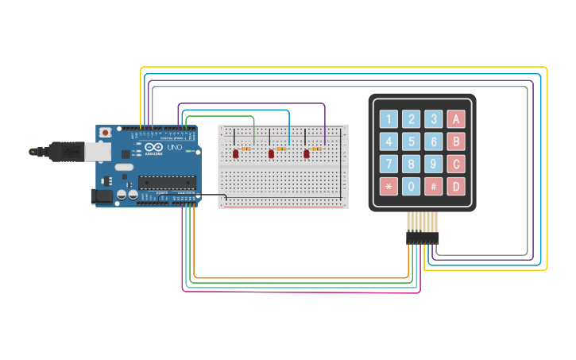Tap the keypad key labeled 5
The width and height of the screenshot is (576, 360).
click(x=411, y=142)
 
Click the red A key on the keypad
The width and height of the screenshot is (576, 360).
click(x=456, y=119)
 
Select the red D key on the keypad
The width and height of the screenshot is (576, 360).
click(x=456, y=188)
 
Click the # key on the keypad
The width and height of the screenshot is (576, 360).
click(x=433, y=188)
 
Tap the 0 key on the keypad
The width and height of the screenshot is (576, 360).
click(x=411, y=188)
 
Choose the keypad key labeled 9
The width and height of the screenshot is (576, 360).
click(x=433, y=165)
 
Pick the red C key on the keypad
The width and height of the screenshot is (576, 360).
click(x=456, y=165)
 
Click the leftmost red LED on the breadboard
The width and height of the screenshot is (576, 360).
click(x=236, y=153)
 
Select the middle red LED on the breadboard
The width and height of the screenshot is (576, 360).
click(x=272, y=153)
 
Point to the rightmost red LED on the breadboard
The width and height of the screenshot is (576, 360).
click(x=307, y=153)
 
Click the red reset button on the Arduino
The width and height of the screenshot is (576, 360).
click(x=105, y=133)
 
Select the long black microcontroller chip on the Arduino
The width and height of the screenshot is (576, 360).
click(x=167, y=182)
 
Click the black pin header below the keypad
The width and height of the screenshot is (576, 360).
click(x=422, y=237)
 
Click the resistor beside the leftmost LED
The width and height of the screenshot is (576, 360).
click(x=245, y=149)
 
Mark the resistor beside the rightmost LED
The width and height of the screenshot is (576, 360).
click(x=317, y=149)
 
